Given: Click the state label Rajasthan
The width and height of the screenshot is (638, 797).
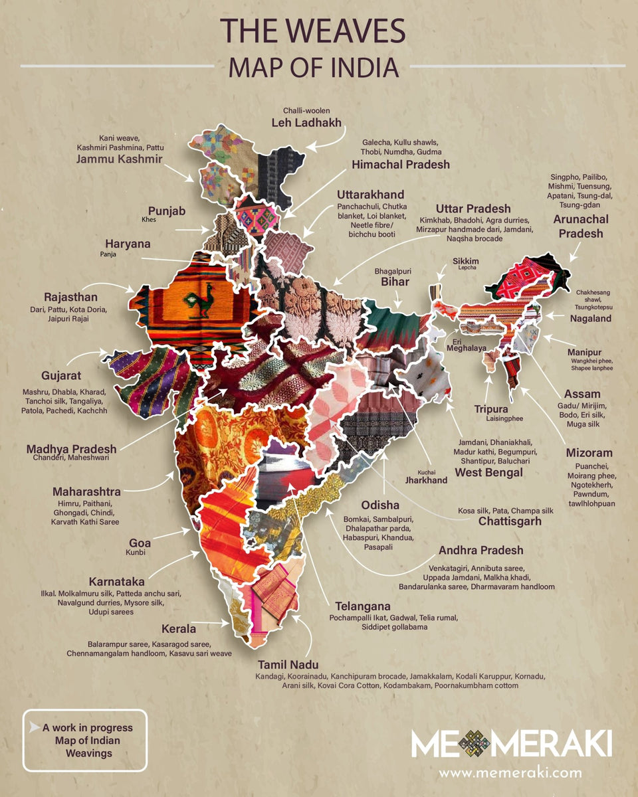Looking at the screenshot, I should [70, 296].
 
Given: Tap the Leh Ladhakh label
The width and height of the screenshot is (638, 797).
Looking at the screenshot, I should [306, 122].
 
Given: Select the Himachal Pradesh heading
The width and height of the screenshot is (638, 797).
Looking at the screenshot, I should [401, 164].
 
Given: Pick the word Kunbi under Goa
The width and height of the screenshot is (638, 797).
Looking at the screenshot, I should [135, 552].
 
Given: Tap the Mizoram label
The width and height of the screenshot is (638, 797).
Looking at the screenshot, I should [589, 453].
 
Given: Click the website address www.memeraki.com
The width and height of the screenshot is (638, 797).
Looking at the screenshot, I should [510, 772].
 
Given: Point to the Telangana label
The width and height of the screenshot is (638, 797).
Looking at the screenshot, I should [363, 607].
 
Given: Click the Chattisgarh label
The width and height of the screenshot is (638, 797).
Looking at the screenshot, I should [510, 521].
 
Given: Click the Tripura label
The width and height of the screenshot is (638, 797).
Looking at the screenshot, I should [491, 409].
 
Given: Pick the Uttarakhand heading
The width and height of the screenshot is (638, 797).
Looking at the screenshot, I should [370, 195].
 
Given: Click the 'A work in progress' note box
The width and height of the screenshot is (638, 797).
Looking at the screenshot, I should [84, 741].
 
